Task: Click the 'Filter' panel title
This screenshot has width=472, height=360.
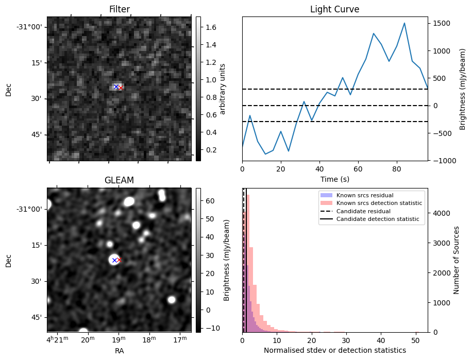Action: pyautogui.click(x=119, y=9)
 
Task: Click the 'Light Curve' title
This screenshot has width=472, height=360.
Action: pyautogui.click(x=334, y=9)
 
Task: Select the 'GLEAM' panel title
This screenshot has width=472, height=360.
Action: pyautogui.click(x=119, y=180)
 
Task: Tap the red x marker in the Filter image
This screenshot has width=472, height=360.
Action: pyautogui.click(x=121, y=88)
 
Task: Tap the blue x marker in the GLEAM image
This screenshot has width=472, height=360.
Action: pyautogui.click(x=114, y=261)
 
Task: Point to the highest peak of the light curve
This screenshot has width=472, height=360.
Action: pyautogui.click(x=404, y=23)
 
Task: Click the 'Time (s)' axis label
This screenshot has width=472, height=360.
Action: pyautogui.click(x=334, y=178)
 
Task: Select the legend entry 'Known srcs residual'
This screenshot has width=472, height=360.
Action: pyautogui.click(x=365, y=195)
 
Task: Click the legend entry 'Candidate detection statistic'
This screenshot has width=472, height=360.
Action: pyautogui.click(x=377, y=219)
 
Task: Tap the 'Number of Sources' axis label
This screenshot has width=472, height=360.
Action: pyautogui.click(x=457, y=260)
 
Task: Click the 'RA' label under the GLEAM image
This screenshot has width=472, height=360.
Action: pyautogui.click(x=119, y=351)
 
